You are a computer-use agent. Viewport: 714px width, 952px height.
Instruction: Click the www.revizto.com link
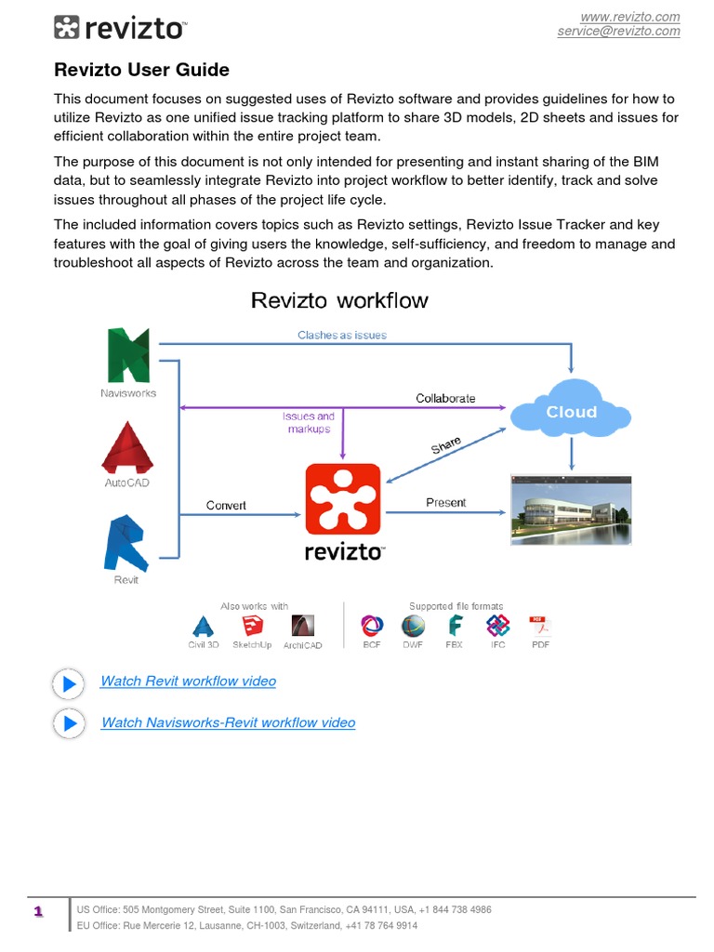coord(629,17)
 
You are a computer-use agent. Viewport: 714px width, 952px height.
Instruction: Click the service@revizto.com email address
coord(618,31)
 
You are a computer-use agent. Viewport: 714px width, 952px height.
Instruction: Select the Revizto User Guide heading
coord(141,70)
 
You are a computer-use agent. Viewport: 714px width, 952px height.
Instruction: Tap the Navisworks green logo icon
coord(128,355)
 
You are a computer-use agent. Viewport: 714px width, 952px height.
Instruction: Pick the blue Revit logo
coord(126,544)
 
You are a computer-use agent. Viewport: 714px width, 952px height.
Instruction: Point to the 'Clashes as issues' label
coord(342,335)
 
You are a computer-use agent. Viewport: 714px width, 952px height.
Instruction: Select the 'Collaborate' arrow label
coord(445,398)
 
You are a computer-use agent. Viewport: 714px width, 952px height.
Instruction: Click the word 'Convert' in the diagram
coord(226,506)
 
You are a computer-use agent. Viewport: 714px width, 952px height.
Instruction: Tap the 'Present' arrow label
coord(445,503)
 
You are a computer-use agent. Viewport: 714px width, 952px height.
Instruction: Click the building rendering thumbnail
coord(571,508)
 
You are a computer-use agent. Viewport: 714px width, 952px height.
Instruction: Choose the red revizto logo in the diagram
coord(343,501)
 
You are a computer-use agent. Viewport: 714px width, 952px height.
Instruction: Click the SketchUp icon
coord(252,626)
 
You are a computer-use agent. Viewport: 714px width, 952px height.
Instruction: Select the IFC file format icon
coord(498,626)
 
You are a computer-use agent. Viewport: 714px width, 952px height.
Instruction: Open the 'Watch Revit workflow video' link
coord(188,681)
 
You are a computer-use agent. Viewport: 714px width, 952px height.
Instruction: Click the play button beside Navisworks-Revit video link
coord(69,723)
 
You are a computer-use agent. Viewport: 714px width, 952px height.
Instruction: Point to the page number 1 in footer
coord(38,912)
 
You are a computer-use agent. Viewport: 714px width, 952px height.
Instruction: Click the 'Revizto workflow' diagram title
coord(340,300)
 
